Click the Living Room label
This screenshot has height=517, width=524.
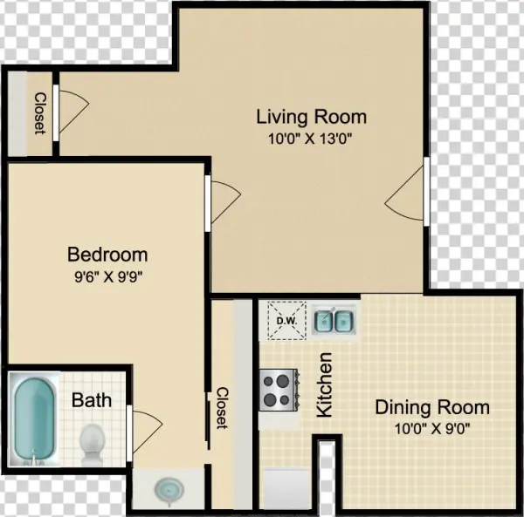coord(312,117)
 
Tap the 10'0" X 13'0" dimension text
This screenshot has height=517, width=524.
coord(311,139)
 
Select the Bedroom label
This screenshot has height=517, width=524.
coord(107,255)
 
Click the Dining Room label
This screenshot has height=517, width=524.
coord(432,407)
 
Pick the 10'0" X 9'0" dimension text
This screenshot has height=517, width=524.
coord(432,429)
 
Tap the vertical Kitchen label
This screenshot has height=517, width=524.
coord(325,384)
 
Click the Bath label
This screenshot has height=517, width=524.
coord(92,400)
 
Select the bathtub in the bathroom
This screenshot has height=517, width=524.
coord(34,419)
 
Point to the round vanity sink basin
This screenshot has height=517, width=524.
coord(169,490)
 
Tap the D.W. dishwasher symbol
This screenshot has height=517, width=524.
coord(287,321)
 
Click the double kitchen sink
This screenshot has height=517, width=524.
coord(334,321)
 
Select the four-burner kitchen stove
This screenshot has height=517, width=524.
coord(279,390)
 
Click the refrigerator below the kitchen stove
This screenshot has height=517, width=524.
coord(286,489)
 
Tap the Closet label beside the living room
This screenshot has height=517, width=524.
coord(40,113)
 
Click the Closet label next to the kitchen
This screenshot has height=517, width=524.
coord(223,408)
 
